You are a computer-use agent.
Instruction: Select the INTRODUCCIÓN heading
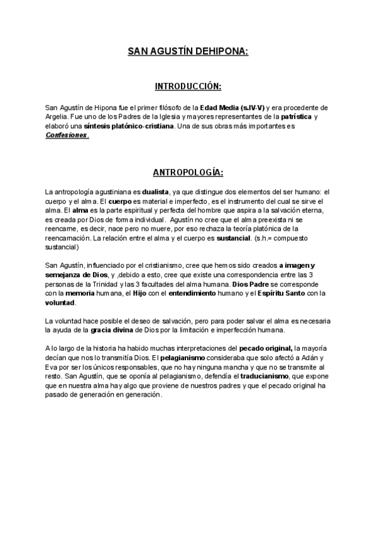(x=188, y=85)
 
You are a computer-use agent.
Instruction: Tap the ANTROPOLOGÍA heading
(x=188, y=172)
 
